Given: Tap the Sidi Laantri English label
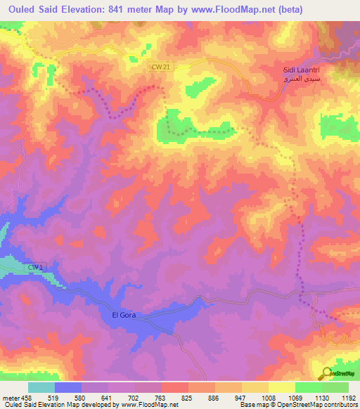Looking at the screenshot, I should click(x=304, y=71).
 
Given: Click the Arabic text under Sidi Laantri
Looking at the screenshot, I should click(x=304, y=81).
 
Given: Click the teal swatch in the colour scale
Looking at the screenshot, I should click(x=41, y=387).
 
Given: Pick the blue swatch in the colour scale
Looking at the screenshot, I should click(x=68, y=387).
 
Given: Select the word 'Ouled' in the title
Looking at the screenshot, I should click(x=25, y=8).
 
